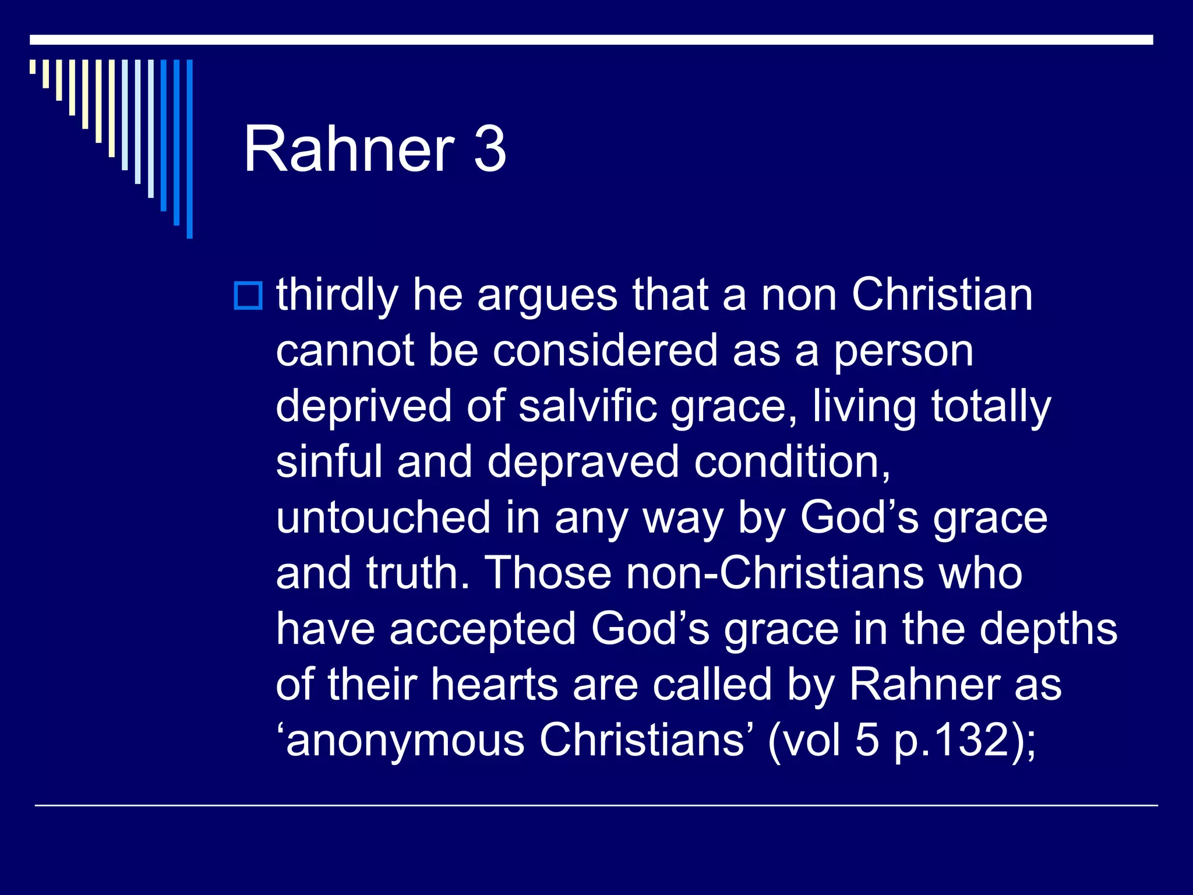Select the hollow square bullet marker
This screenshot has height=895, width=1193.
point(248,295)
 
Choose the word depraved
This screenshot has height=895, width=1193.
point(583,461)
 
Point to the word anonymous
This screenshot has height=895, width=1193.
point(405,740)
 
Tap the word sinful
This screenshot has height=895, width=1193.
point(329,461)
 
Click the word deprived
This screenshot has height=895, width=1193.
point(363,406)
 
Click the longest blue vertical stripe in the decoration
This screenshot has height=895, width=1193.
point(189,149)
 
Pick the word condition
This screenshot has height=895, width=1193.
point(792,461)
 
